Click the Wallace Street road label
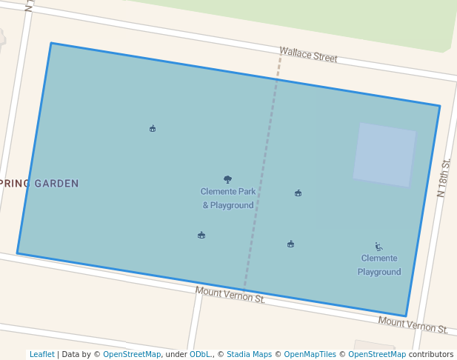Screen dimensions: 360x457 308,54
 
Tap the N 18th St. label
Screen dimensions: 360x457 444,178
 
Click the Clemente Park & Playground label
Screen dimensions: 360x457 228,198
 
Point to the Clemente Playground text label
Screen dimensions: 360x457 379,265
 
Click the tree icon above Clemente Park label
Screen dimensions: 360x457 227,179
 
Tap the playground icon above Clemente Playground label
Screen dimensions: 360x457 378,247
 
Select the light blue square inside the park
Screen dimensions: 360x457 384,155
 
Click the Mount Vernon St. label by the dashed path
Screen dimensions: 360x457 230,295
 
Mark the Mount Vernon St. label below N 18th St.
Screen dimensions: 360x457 413,324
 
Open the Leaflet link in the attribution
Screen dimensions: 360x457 41,354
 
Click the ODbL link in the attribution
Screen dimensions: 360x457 199,354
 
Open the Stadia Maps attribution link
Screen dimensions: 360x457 249,354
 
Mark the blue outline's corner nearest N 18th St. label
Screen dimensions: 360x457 439,106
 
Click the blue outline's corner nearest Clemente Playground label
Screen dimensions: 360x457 406,316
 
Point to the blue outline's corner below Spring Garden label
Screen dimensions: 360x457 18,253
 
